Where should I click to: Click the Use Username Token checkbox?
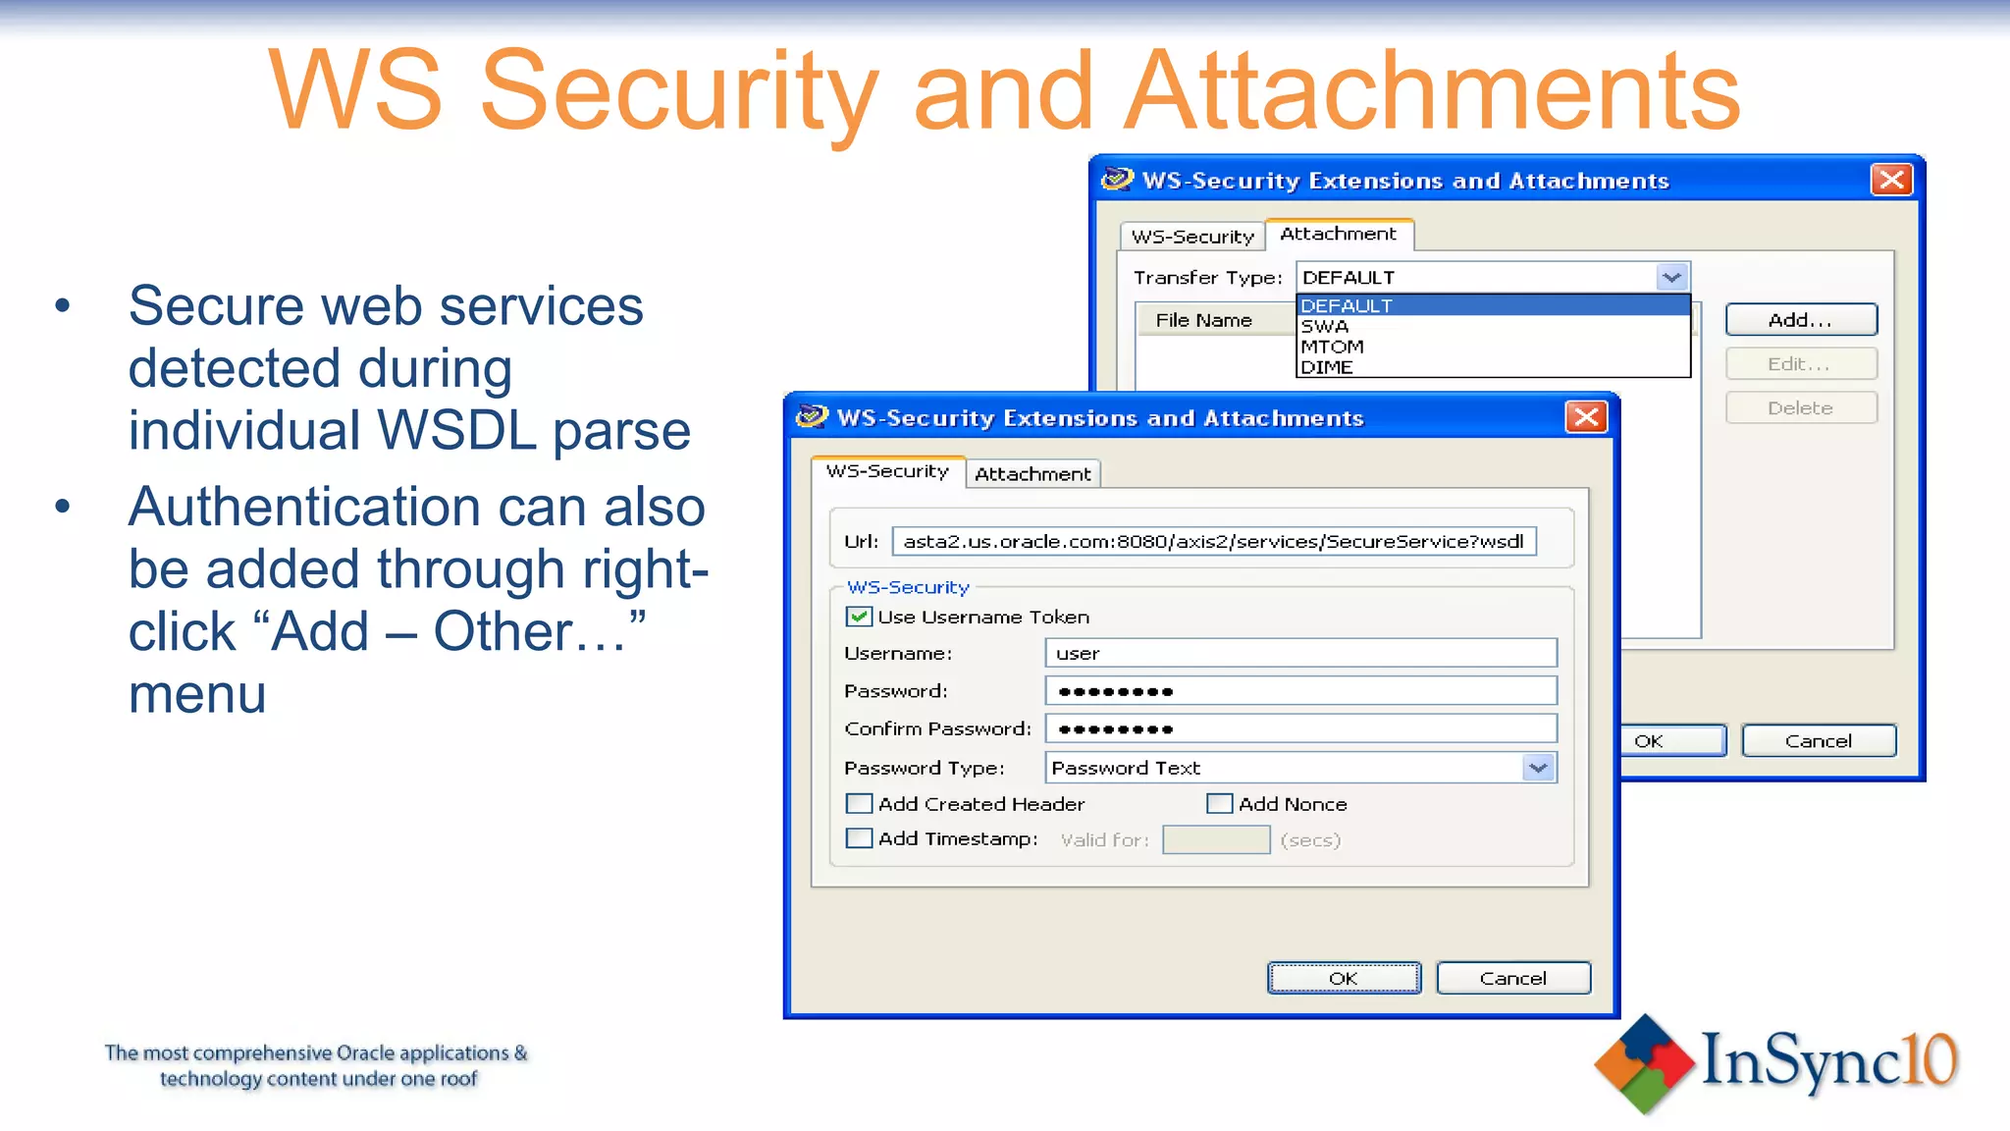point(859,617)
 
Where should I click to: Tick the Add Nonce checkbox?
point(1219,804)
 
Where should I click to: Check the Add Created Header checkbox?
point(859,804)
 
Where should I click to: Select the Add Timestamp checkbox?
point(859,838)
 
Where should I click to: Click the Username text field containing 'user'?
point(1300,653)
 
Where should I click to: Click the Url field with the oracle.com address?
point(1213,541)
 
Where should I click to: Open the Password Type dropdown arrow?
point(1538,768)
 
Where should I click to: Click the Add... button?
point(1800,320)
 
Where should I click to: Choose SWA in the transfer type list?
point(1325,326)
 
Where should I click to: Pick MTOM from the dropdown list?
point(1332,347)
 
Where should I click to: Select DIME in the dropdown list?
point(1327,367)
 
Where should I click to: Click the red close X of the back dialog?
point(1891,180)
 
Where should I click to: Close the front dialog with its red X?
point(1585,417)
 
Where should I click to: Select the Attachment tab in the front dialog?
point(1032,474)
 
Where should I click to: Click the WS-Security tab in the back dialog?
point(1192,237)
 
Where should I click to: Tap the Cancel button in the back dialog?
point(1818,741)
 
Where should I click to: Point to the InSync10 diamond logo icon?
point(1644,1063)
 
